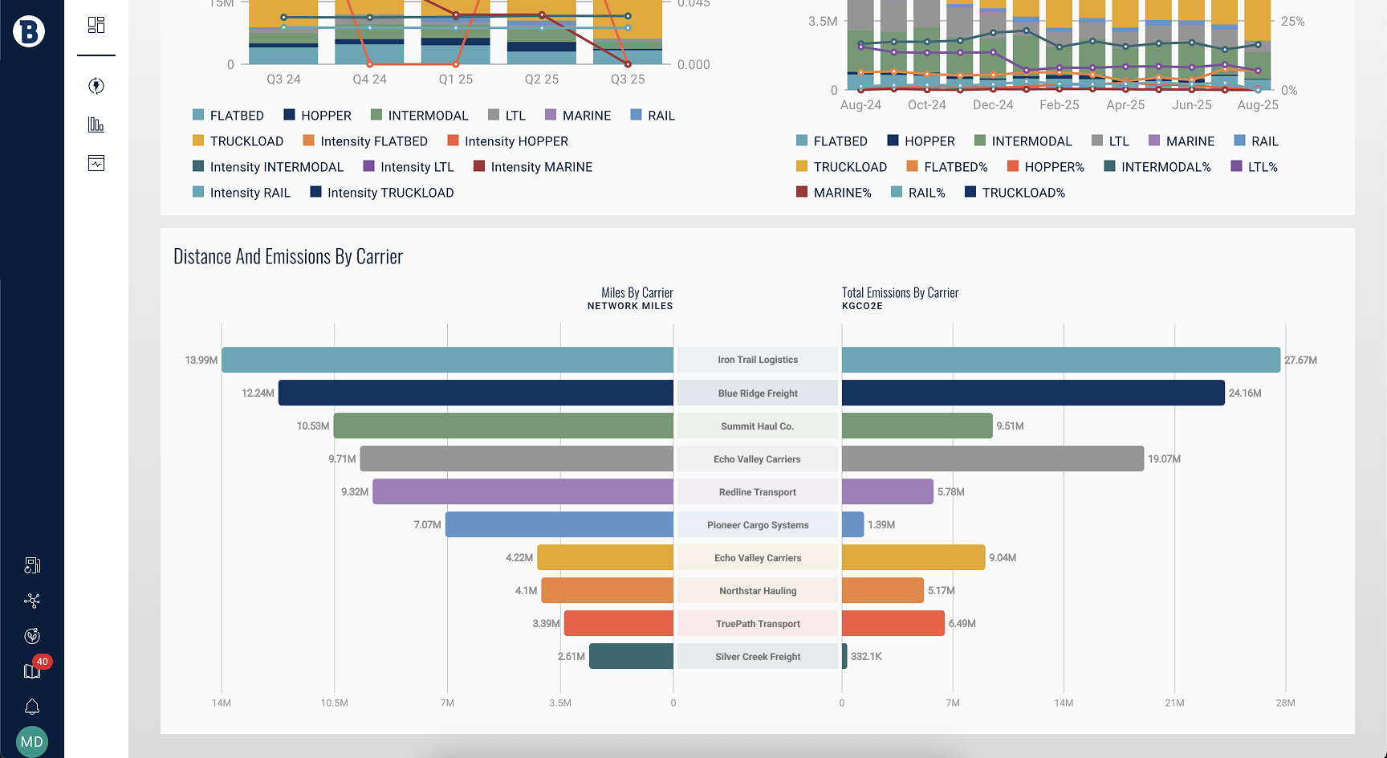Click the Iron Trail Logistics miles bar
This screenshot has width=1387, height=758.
[447, 360]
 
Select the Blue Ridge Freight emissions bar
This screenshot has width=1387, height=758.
[1033, 393]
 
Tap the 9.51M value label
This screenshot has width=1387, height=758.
[1010, 426]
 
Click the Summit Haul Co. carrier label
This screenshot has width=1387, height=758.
[757, 426]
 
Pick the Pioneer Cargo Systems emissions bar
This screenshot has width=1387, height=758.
[852, 524]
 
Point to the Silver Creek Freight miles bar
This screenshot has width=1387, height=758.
[631, 656]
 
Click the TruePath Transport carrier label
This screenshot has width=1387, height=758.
[758, 624]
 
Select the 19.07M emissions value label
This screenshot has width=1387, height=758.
[1164, 459]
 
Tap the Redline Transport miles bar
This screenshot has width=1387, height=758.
[523, 491]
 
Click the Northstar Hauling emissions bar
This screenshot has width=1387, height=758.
[882, 590]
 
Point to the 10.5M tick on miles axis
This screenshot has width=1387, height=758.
[334, 703]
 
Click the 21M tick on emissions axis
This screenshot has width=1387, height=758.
[1174, 703]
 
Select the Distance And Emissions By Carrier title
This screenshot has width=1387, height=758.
[288, 257]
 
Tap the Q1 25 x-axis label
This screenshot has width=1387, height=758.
[455, 79]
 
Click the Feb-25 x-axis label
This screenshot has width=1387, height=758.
[1059, 105]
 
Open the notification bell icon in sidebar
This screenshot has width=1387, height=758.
[32, 707]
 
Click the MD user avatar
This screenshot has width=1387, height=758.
[32, 741]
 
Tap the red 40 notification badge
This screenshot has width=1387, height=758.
[42, 662]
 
